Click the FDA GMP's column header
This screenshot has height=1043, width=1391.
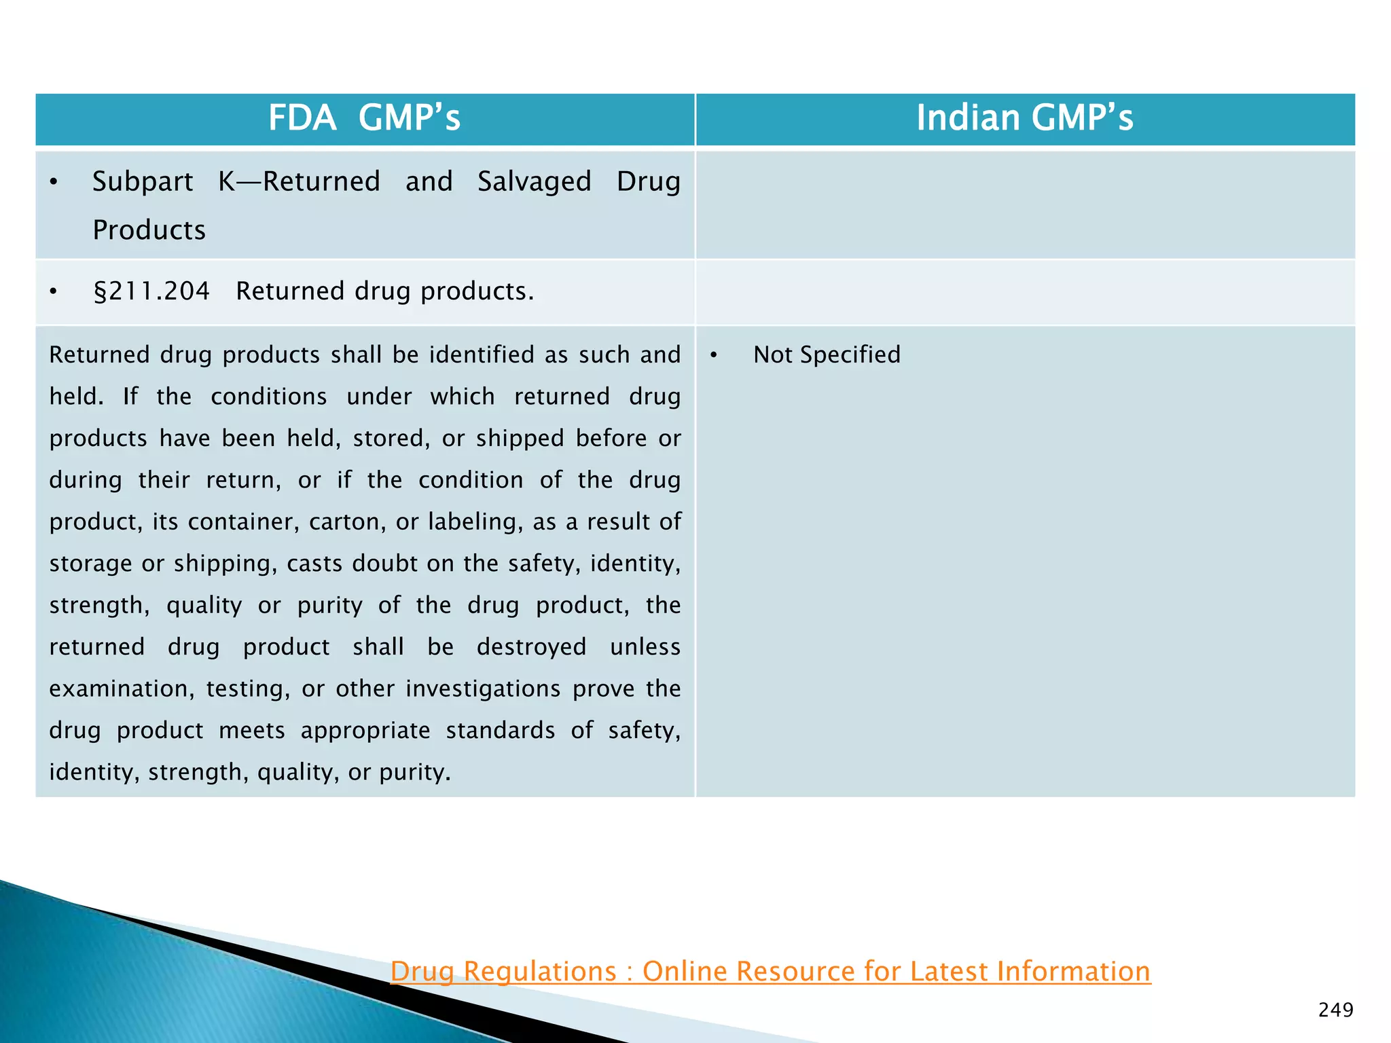point(365,118)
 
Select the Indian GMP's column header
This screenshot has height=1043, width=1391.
point(1024,118)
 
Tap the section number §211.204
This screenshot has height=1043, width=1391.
point(151,291)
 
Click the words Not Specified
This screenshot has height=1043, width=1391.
point(827,354)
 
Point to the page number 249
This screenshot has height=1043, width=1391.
point(1335,1010)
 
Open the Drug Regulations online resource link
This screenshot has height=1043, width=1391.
point(770,972)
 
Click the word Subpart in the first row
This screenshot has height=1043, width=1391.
point(143,182)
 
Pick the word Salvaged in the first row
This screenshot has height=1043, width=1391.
point(534,182)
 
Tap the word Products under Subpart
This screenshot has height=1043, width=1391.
point(149,230)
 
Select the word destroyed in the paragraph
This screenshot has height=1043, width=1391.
point(531,646)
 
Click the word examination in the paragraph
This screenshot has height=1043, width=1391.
point(122,689)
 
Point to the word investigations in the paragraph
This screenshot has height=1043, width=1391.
point(483,689)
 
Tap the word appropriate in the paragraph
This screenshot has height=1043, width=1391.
point(365,731)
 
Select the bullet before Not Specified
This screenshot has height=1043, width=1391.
point(714,355)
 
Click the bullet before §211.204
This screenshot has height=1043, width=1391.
point(54,292)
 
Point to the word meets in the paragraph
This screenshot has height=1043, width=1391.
point(251,731)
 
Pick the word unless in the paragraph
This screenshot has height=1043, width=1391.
point(645,646)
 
